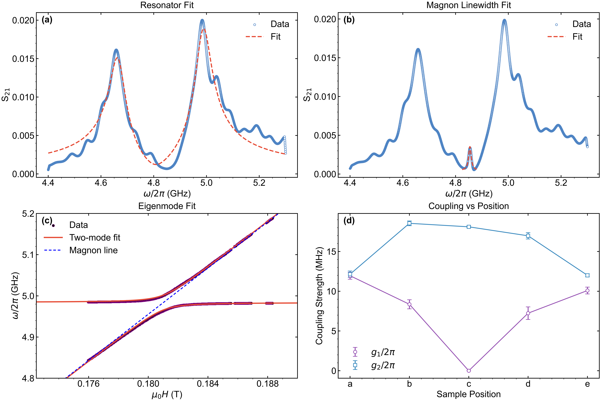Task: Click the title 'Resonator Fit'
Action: [167, 5]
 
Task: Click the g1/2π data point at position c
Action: [469, 371]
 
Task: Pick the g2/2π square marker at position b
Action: [409, 223]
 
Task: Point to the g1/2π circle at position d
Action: [528, 313]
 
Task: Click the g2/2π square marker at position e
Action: [587, 275]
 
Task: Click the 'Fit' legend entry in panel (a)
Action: [275, 37]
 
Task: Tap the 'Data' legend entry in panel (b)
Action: [582, 24]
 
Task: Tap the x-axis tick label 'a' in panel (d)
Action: [350, 384]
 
